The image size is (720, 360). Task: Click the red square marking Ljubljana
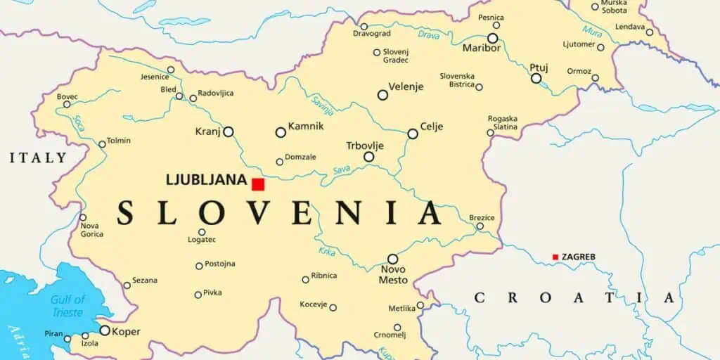258,184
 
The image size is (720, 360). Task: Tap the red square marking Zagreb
555,257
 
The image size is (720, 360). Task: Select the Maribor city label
482,49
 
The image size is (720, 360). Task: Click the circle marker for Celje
413,134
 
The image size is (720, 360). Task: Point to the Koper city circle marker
105,330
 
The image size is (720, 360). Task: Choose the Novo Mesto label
394,275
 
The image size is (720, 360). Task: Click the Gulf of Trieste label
67,306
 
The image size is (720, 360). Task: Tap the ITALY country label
38,158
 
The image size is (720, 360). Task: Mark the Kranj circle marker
229,131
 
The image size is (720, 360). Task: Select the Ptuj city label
539,67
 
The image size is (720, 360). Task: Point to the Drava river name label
428,34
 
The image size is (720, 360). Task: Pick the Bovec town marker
67,105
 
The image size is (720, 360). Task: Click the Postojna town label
220,264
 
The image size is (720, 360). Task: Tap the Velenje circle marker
382,95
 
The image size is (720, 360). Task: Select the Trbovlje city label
365,146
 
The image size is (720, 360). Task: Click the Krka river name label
326,252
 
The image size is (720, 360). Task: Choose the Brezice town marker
480,226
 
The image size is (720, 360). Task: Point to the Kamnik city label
306,126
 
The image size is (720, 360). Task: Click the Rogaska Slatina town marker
490,132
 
